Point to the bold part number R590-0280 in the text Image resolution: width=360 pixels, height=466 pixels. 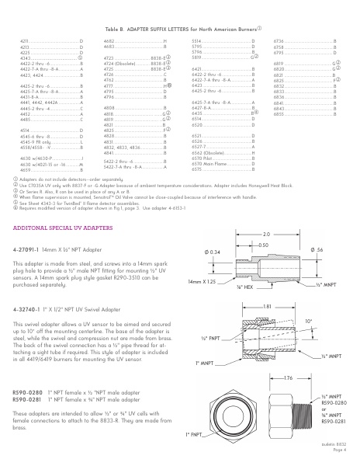pyautogui.click(x=29, y=394)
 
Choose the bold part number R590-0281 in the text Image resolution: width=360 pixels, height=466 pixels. pyautogui.click(x=29, y=401)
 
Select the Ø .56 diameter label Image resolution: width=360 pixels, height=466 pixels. pyautogui.click(x=317, y=250)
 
